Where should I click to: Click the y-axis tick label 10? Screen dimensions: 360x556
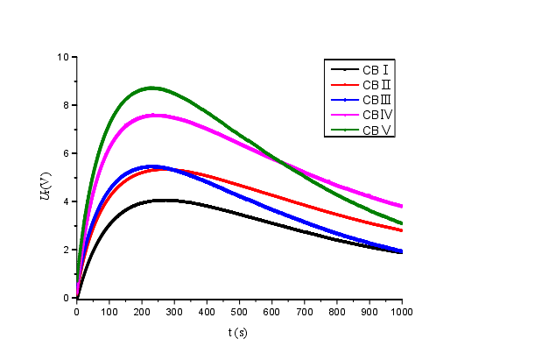tap(62, 57)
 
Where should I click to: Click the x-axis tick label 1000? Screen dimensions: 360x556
tap(402, 311)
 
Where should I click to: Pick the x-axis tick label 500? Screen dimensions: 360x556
tap(240, 311)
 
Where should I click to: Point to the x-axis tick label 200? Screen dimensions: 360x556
tap(142, 311)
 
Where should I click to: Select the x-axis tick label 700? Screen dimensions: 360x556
tap(305, 311)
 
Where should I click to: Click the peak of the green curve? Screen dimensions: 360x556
tap(152, 88)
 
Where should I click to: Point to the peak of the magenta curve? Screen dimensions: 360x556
tap(155, 115)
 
